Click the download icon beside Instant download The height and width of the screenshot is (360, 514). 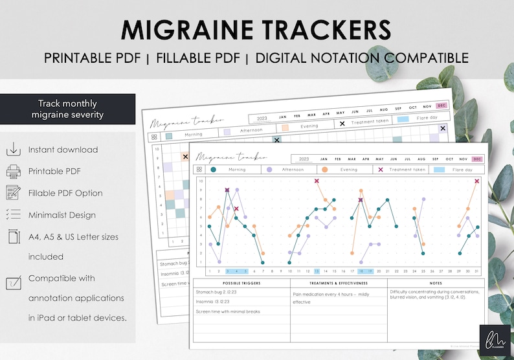(14, 149)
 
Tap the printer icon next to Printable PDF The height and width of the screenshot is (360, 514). (14, 171)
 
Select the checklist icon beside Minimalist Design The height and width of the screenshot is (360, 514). (14, 214)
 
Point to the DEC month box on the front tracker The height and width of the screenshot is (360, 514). (476, 159)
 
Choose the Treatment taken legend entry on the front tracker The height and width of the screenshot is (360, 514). (402, 170)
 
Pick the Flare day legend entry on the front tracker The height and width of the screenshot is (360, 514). (458, 170)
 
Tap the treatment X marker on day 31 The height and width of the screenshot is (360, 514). (476, 181)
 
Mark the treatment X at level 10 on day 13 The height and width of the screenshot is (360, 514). (317, 181)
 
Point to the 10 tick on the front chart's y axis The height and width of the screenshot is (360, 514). (201, 181)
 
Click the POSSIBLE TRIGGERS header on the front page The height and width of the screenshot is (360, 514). (241, 284)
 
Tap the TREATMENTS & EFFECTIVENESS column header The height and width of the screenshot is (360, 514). (339, 284)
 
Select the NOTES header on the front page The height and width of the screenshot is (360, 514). (436, 284)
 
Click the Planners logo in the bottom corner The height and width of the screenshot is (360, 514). (493, 339)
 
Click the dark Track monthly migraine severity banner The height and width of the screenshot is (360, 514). (68, 109)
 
